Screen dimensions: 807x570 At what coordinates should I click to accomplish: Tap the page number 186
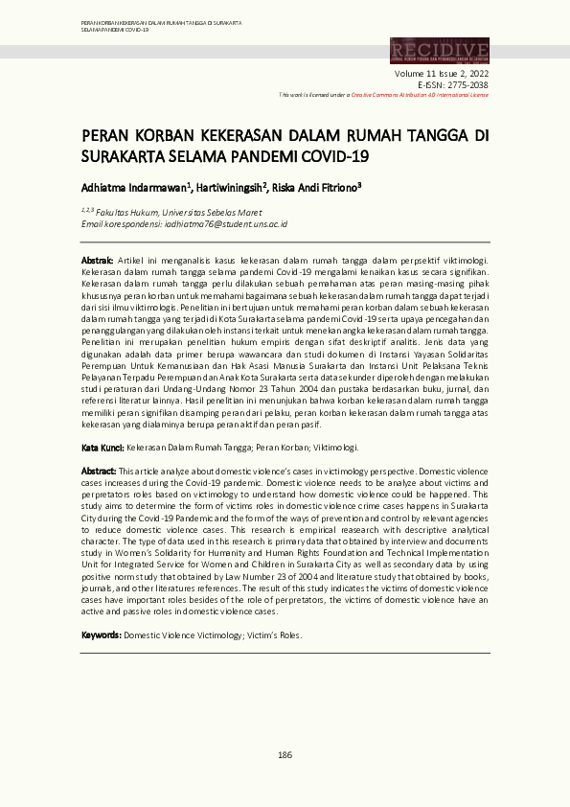coord(285,755)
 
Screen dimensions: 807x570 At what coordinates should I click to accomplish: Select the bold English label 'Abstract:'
coord(99,472)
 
